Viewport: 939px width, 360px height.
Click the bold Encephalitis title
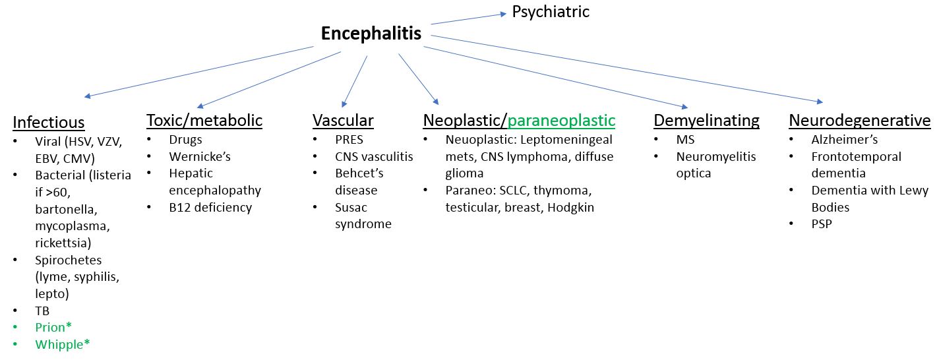coord(371,34)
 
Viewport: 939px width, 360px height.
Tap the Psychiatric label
coord(551,12)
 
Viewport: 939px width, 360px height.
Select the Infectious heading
coord(49,123)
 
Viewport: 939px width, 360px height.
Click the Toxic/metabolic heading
coord(204,121)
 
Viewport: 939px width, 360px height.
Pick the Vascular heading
coord(343,121)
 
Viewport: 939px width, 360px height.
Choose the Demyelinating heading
coord(706,121)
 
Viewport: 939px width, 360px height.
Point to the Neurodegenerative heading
coord(860,121)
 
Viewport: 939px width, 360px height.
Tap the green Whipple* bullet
coord(62,344)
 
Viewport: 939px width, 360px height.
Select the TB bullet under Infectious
coord(43,310)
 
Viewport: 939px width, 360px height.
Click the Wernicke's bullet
coord(200,157)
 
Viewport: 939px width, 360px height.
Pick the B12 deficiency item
coord(210,207)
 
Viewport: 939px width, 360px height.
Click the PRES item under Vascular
coord(349,140)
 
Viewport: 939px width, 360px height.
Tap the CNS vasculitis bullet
coord(374,157)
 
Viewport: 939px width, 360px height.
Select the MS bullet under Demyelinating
coord(685,140)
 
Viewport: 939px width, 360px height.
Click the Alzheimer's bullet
coord(845,140)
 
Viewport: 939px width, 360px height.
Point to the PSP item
coord(822,224)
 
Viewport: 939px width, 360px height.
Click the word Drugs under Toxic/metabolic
coord(185,140)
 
